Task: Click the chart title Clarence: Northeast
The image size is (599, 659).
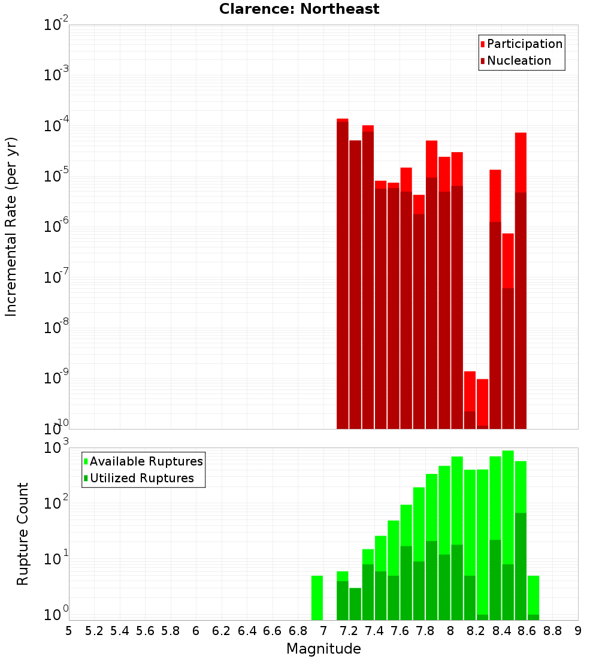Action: point(299,9)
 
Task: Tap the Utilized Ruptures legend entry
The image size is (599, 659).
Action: point(141,478)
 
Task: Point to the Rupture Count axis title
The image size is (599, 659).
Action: point(23,534)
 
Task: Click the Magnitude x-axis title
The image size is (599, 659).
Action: point(323,649)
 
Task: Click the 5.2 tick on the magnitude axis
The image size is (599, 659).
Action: point(94,631)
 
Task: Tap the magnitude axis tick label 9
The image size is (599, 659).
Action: point(578,631)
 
